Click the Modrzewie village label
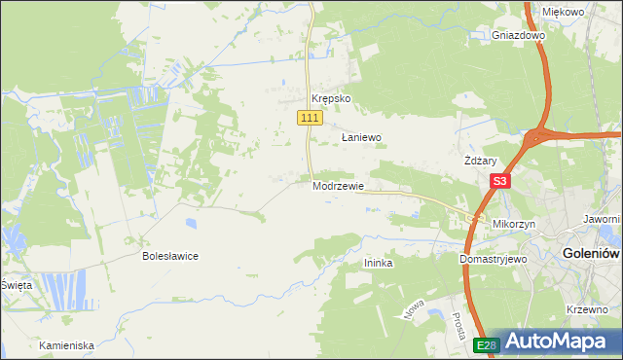click(x=339, y=185)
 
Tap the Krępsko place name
click(x=330, y=99)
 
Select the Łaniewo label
click(x=360, y=138)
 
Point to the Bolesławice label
click(x=170, y=257)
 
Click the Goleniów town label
click(x=591, y=254)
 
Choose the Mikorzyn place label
click(x=514, y=224)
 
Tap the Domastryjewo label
click(x=493, y=261)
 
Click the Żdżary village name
click(x=481, y=162)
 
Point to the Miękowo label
click(x=562, y=12)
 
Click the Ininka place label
click(x=378, y=263)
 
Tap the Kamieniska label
click(x=66, y=345)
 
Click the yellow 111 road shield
click(x=310, y=118)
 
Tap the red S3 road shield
click(x=499, y=181)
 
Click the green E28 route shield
click(x=488, y=344)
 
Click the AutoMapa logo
click(x=556, y=342)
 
